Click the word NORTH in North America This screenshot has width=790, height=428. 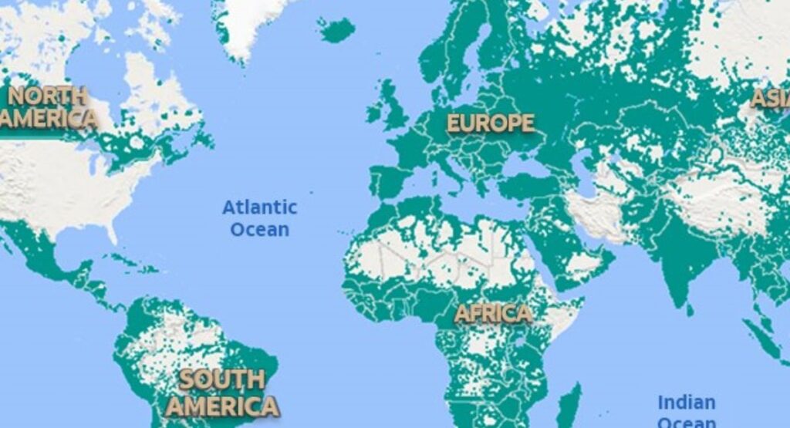tap(46, 96)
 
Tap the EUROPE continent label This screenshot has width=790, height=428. tap(490, 123)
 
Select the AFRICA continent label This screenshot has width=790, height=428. tap(492, 313)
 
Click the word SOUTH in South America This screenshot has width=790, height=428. tap(221, 379)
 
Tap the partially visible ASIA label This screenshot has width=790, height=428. tap(771, 99)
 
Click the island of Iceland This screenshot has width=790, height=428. tap(336, 29)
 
